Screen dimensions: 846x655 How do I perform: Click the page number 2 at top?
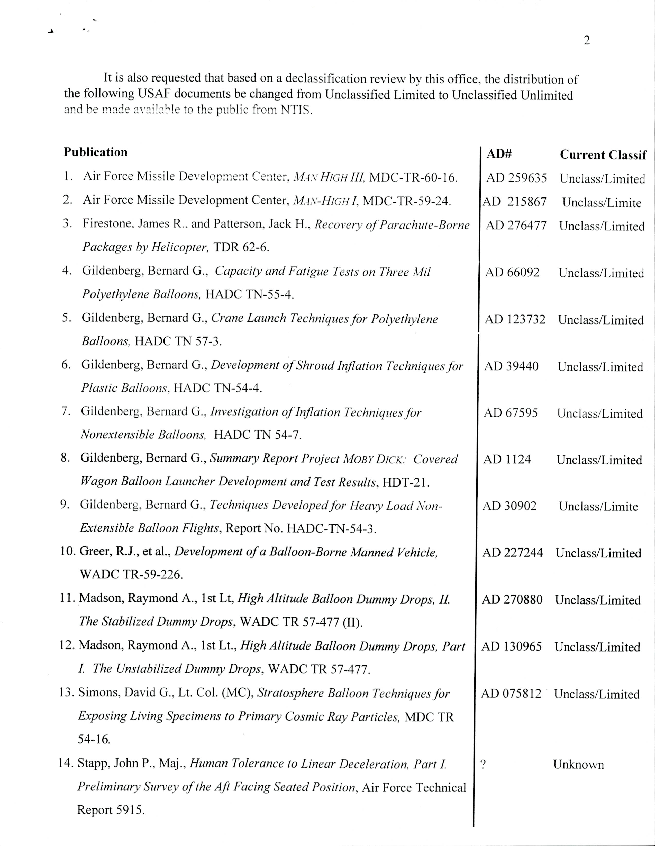(x=587, y=40)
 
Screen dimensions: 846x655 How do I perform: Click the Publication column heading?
(x=95, y=152)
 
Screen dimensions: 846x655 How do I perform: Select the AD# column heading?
(x=499, y=154)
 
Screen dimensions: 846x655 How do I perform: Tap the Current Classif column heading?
(x=603, y=155)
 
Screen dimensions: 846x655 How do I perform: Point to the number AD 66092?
(x=512, y=272)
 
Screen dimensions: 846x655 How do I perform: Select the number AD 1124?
(x=507, y=460)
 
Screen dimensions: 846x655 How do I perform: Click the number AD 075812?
(x=511, y=693)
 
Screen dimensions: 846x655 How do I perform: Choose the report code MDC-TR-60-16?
(x=413, y=177)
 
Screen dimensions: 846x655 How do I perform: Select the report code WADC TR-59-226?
(x=131, y=574)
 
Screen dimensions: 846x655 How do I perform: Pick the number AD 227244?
(x=512, y=553)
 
